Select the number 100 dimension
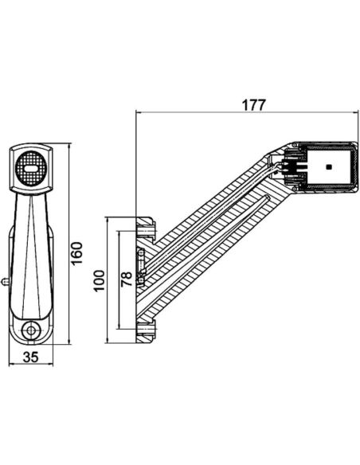[100, 280]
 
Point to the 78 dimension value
[126, 280]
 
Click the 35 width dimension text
[32, 357]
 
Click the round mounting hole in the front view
[32, 330]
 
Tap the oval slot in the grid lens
[32, 167]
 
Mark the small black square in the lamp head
[327, 168]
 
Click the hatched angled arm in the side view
[211, 239]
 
